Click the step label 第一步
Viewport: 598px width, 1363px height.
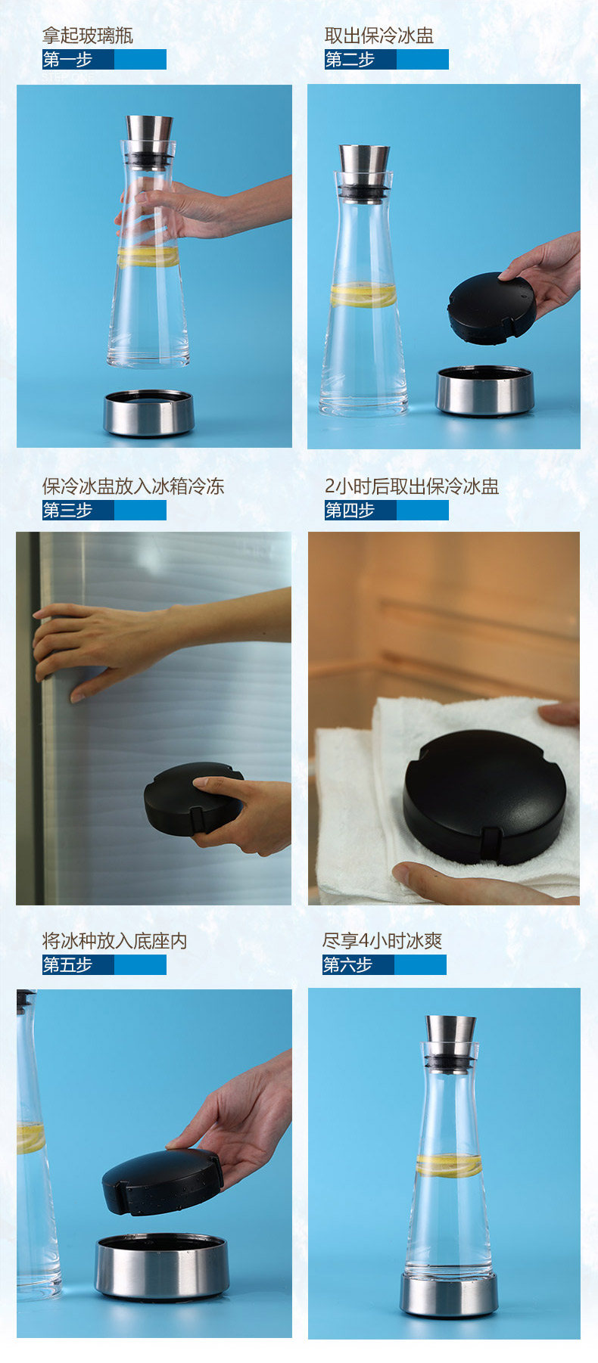pos(67,60)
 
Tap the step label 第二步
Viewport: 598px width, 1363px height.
pos(350,60)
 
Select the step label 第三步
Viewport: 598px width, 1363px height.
pos(67,511)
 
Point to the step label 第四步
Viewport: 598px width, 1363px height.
pos(350,511)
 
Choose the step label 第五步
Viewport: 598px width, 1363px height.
pos(67,965)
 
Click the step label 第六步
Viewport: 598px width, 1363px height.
pos(347,965)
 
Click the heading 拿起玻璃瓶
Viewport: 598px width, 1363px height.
pos(88,36)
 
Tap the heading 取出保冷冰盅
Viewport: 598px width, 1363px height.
pos(379,36)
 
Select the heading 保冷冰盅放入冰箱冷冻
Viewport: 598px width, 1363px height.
pos(133,486)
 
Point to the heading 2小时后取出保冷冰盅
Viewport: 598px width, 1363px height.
pos(412,486)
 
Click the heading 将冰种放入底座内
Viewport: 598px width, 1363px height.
pos(115,941)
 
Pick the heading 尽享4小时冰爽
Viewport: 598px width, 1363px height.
pos(382,941)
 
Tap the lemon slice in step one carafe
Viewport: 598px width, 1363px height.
pos(148,257)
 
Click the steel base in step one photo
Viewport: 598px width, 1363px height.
pos(149,413)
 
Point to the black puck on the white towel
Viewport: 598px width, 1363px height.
pos(484,797)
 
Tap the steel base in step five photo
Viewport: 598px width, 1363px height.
pos(161,1266)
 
